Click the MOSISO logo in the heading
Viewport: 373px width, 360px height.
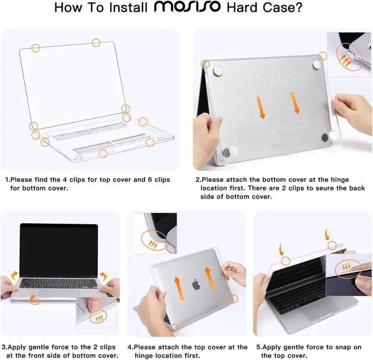tap(188, 10)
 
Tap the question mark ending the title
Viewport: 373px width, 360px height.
tap(304, 10)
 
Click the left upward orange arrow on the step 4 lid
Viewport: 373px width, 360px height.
tap(177, 282)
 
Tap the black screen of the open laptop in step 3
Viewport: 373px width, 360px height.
tap(59, 249)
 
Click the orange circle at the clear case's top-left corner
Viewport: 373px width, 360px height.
tap(36, 48)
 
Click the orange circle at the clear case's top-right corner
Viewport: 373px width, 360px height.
tap(96, 42)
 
